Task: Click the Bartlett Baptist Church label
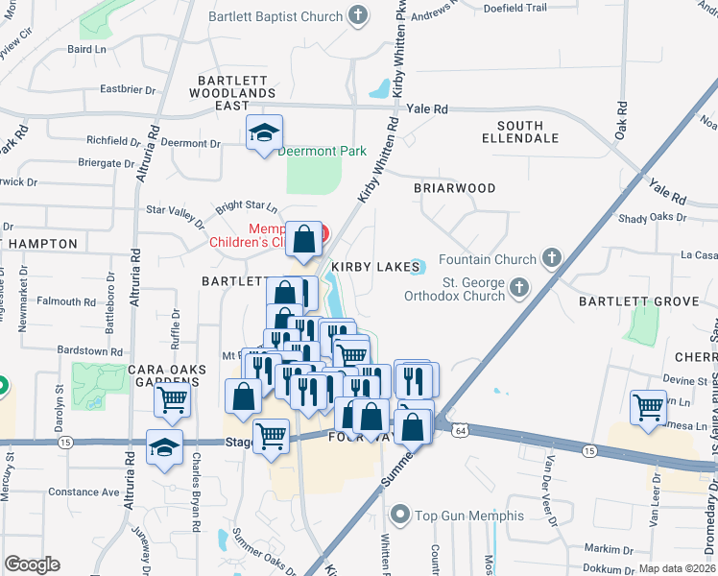click(x=276, y=16)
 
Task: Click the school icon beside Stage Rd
click(x=164, y=448)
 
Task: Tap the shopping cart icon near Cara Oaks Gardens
click(x=172, y=399)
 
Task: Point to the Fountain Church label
click(x=488, y=259)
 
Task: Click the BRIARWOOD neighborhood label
click(x=454, y=188)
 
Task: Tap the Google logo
click(x=32, y=564)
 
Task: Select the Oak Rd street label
click(x=622, y=120)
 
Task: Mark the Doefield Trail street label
click(x=515, y=8)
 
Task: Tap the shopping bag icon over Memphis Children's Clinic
click(x=304, y=241)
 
